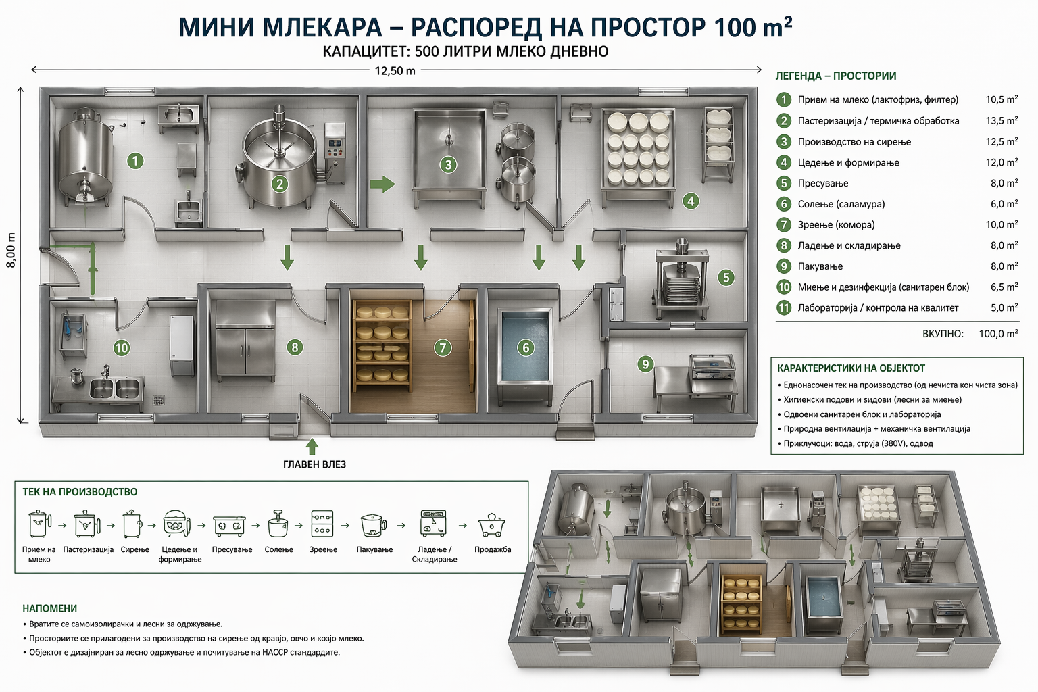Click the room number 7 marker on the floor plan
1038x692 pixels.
tap(443, 347)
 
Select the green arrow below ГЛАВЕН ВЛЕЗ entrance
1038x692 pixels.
tap(312, 447)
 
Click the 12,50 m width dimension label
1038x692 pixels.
tap(395, 70)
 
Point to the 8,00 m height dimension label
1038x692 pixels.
tap(11, 250)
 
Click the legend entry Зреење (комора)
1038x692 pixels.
tap(836, 225)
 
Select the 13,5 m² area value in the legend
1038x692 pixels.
tap(1001, 121)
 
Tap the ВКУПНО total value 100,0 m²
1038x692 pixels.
tap(997, 334)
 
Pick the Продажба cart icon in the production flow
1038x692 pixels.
tap(492, 525)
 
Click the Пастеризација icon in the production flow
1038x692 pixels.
tap(87, 524)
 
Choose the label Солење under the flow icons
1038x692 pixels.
tap(278, 549)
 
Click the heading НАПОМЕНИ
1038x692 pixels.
tap(49, 608)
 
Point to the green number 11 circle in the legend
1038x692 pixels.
tap(784, 307)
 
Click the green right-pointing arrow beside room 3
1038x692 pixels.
tap(382, 183)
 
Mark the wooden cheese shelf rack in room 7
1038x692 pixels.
tap(382, 346)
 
